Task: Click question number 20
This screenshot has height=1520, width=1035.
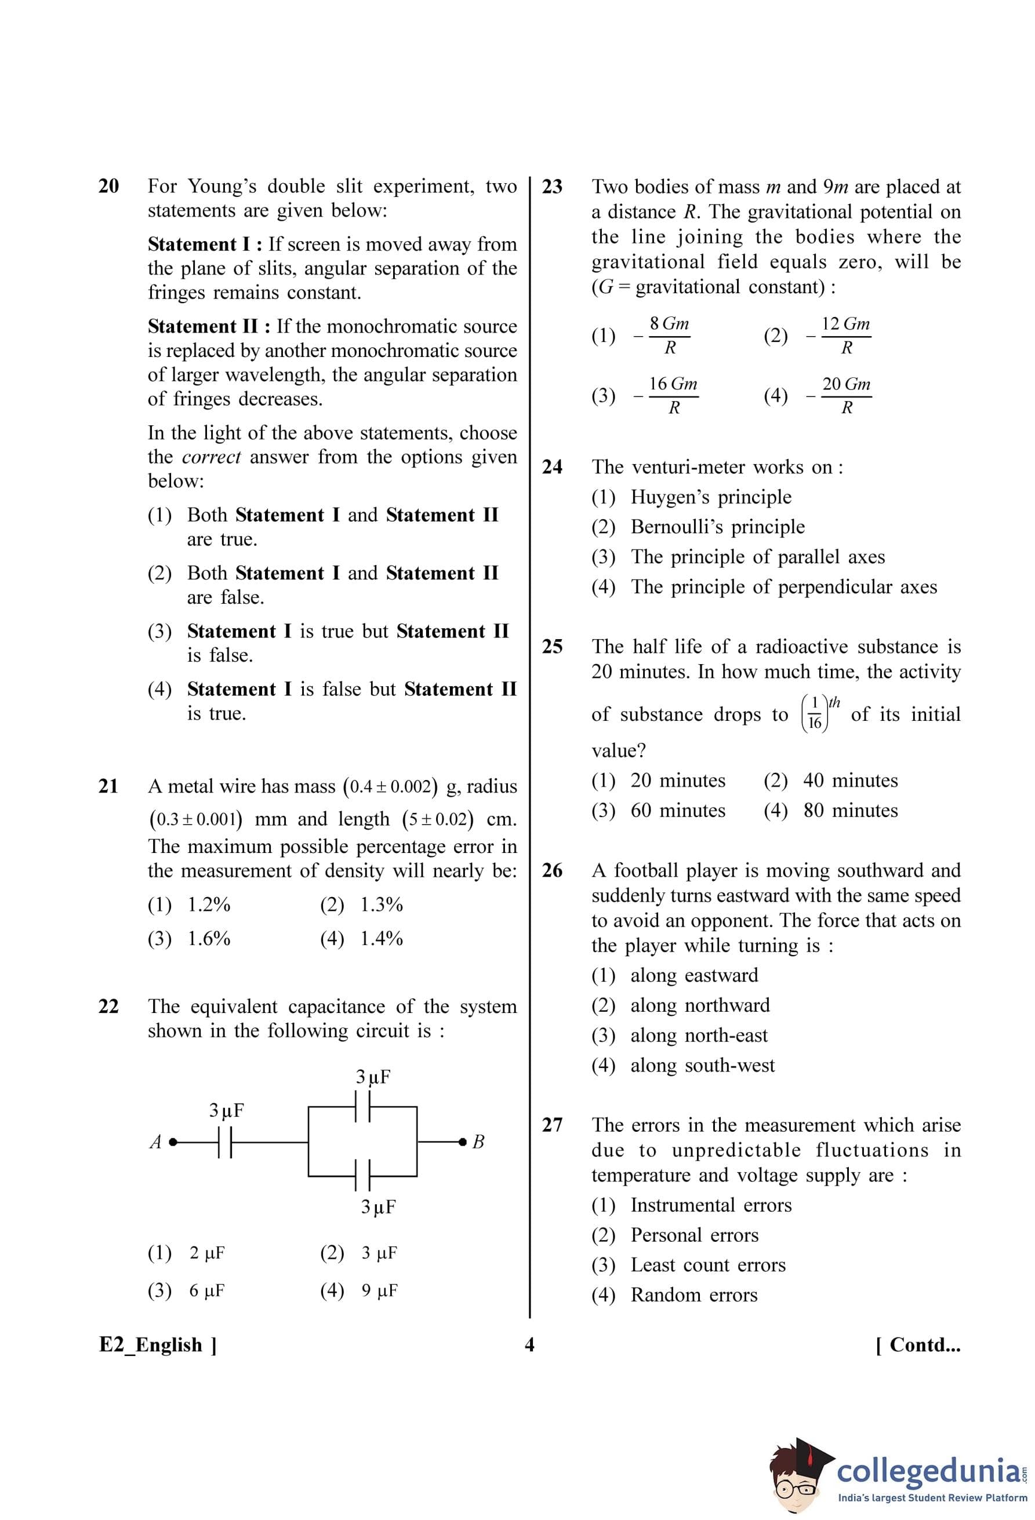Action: click(108, 187)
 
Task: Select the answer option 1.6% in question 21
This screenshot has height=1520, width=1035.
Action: click(209, 939)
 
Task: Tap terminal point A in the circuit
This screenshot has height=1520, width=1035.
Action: click(172, 1142)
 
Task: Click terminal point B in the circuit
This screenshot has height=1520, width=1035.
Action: click(463, 1142)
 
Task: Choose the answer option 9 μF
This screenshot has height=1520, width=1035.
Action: click(379, 1291)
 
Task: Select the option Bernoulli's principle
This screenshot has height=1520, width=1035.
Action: click(717, 527)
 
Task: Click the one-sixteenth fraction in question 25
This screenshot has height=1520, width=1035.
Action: click(815, 714)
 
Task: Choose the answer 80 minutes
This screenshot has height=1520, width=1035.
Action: click(850, 810)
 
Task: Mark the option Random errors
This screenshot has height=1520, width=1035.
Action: click(693, 1295)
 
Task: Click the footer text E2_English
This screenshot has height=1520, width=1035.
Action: click(158, 1345)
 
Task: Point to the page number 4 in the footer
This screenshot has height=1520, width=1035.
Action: click(529, 1345)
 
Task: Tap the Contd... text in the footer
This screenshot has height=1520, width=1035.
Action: click(918, 1345)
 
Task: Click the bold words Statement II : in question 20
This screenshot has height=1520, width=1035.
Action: click(209, 326)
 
